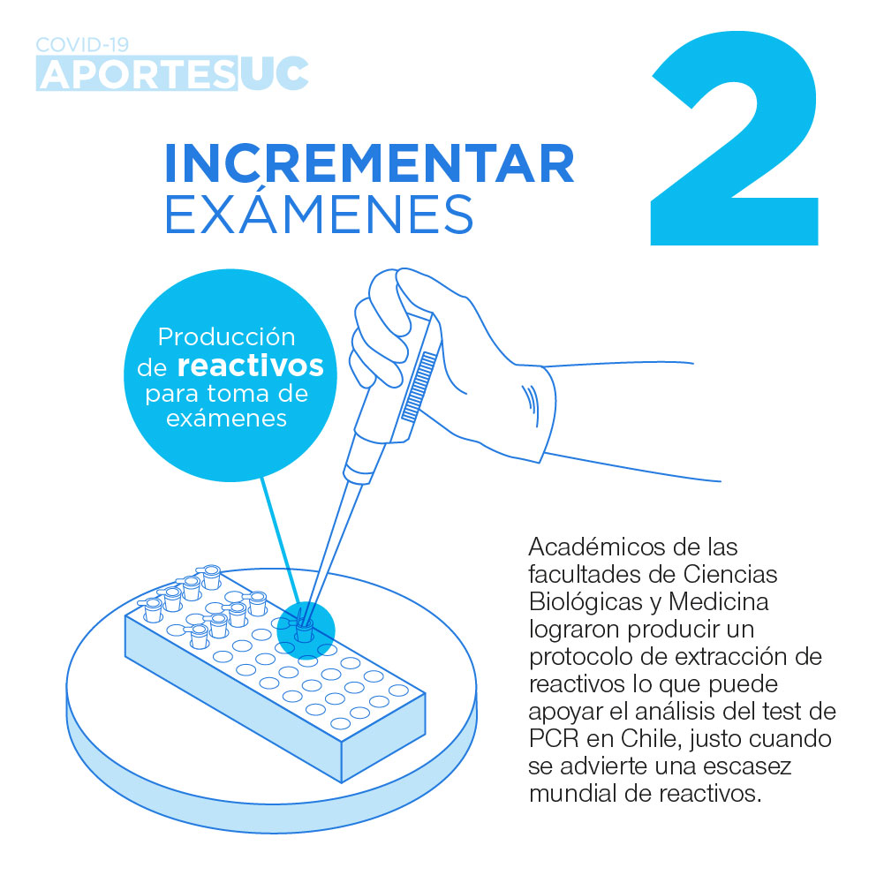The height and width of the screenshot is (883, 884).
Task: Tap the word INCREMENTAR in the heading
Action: click(370, 163)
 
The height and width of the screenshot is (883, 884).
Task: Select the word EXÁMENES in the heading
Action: click(319, 214)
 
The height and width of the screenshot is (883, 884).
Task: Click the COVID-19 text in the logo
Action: click(82, 44)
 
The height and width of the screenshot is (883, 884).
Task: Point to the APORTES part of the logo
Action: click(137, 74)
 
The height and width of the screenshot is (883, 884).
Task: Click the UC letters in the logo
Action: click(274, 74)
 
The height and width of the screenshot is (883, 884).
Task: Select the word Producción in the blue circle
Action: click(227, 336)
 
